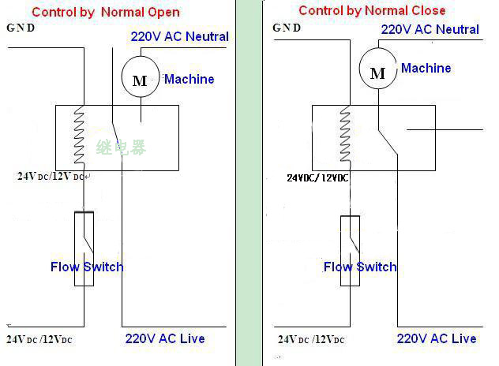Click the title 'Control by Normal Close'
[372, 10]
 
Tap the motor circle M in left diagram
[139, 80]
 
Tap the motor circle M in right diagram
[377, 73]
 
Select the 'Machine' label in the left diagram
[189, 79]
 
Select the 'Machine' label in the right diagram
[426, 68]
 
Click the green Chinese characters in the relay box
[121, 148]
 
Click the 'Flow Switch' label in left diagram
[87, 267]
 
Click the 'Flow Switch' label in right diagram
[360, 267]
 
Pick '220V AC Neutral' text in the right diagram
[430, 29]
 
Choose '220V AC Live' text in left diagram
[164, 338]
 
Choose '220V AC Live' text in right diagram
[436, 338]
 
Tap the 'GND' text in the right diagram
[287, 28]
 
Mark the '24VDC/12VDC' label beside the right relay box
[317, 177]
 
